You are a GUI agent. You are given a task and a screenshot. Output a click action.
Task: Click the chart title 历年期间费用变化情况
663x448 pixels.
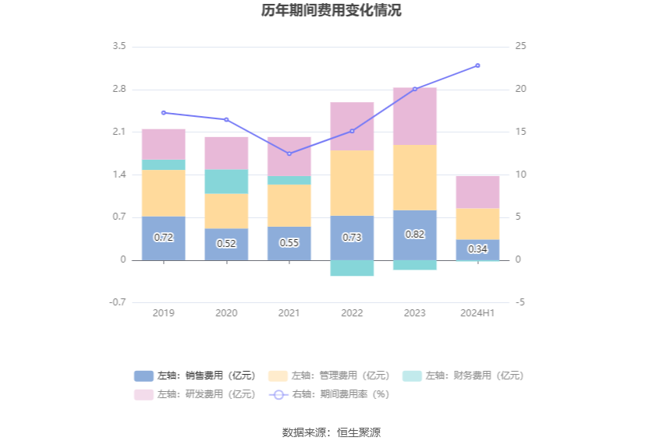(x=331, y=11)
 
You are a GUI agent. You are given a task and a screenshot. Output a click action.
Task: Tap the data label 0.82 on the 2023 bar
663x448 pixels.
(x=414, y=234)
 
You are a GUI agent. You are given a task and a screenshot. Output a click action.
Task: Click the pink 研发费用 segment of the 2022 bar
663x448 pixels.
(x=352, y=126)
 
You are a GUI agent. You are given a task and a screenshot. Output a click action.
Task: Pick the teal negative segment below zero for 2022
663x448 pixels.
(x=352, y=268)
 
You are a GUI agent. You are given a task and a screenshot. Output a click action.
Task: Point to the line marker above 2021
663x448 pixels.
(x=289, y=153)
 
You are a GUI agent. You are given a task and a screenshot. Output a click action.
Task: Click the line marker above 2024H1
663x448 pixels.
(x=477, y=65)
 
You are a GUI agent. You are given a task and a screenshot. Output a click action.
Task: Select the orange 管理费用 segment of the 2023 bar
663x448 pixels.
(x=414, y=178)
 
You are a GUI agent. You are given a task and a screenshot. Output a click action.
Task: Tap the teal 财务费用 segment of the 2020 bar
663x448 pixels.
(x=226, y=182)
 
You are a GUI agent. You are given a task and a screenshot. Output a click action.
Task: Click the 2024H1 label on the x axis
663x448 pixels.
(x=477, y=312)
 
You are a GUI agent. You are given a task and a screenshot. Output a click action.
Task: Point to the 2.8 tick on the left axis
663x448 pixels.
(x=119, y=89)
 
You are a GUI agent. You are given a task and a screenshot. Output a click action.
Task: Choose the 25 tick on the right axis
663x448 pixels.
(x=521, y=47)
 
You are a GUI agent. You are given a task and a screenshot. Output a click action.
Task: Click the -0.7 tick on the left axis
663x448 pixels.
(x=117, y=302)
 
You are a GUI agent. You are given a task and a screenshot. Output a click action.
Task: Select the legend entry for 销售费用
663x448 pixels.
(x=195, y=376)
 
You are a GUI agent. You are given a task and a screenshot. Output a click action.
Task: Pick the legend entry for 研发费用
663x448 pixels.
(x=195, y=394)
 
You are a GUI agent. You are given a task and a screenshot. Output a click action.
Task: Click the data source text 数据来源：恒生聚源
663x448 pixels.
(x=331, y=432)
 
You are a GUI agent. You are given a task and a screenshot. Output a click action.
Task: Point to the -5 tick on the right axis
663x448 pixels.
(x=520, y=302)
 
